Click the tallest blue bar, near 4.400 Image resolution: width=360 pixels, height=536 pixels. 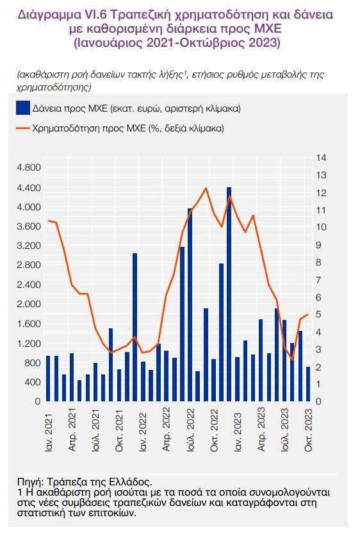(229, 294)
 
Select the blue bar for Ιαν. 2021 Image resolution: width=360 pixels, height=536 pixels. (48, 378)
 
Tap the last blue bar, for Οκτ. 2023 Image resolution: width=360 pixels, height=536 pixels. (308, 384)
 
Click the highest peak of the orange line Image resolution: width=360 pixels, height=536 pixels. (206, 188)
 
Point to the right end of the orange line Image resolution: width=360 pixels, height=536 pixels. (308, 314)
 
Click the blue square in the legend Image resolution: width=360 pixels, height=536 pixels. (22, 108)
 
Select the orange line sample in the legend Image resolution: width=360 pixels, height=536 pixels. (22, 128)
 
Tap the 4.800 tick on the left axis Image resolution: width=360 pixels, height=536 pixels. (28, 167)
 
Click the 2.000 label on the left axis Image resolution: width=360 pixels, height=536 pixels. (28, 303)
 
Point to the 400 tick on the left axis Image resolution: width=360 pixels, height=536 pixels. (33, 381)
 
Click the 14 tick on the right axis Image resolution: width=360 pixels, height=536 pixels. (321, 158)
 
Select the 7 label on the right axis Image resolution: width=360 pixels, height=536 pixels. (318, 280)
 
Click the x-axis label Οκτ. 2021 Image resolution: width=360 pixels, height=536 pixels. (119, 430)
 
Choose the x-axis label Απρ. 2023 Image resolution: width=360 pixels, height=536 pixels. (261, 429)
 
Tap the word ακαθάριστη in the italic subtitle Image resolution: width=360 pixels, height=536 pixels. (44, 75)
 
